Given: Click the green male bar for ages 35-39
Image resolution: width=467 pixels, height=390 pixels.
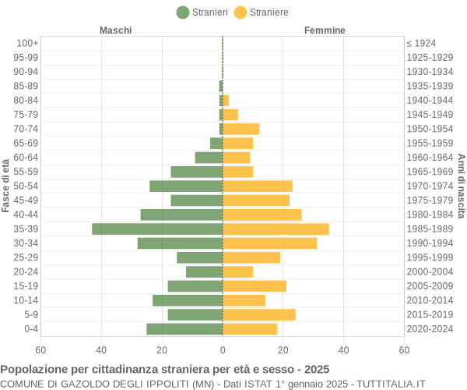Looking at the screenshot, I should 157,229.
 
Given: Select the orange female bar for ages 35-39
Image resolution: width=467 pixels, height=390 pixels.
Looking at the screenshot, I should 276,229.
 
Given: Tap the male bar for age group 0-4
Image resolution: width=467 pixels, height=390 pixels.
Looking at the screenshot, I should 184,329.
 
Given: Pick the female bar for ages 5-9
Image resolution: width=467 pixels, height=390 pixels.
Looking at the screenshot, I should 259,314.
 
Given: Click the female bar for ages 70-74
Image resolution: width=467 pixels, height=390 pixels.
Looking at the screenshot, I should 241,129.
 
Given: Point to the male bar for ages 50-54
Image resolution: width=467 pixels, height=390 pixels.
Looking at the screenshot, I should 186,186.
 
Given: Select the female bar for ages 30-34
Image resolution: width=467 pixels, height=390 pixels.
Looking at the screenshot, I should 269,243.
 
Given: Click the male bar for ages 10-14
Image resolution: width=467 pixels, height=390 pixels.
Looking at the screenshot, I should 188,300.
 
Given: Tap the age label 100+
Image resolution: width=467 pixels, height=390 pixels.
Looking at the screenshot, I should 27,43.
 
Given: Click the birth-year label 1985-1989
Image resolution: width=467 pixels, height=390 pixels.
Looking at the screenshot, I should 430,229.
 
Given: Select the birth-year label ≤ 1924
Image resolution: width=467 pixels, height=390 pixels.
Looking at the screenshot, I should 421,43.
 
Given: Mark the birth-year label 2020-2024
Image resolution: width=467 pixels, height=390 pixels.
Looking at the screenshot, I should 430,329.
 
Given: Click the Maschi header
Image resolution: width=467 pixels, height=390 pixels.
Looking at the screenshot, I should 115,30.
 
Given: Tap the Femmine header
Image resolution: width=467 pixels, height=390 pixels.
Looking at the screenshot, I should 325,30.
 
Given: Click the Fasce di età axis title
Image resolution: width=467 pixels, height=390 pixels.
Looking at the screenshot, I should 6,186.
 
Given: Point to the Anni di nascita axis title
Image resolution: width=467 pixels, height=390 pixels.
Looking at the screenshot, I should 461,186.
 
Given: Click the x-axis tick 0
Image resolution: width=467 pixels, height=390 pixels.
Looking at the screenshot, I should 223,351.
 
